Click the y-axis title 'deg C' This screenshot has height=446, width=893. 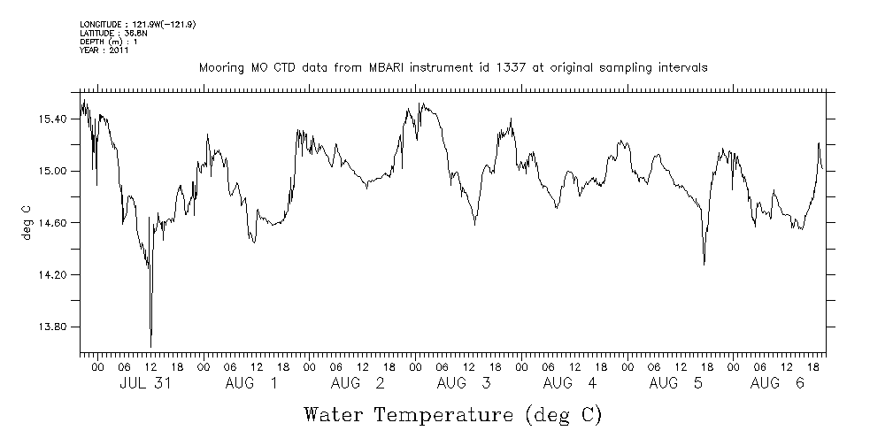click(x=27, y=223)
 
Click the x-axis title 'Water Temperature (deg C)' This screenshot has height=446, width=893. click(x=452, y=414)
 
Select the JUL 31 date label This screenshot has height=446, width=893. click(x=144, y=383)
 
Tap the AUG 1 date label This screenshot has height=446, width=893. click(x=250, y=383)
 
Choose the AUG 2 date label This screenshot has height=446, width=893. click(x=357, y=383)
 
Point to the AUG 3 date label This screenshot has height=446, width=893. click(x=463, y=383)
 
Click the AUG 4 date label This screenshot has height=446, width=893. click(x=569, y=383)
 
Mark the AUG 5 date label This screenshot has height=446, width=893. click(x=675, y=383)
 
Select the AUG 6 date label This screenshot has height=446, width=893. click(x=776, y=383)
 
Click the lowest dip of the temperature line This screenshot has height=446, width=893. click(x=150, y=346)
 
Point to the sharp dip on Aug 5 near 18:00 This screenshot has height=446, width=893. click(x=704, y=264)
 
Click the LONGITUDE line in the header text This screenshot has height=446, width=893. click(x=137, y=24)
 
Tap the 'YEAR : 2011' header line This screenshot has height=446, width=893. click(x=104, y=50)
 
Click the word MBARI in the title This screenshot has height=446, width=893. click(x=393, y=68)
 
